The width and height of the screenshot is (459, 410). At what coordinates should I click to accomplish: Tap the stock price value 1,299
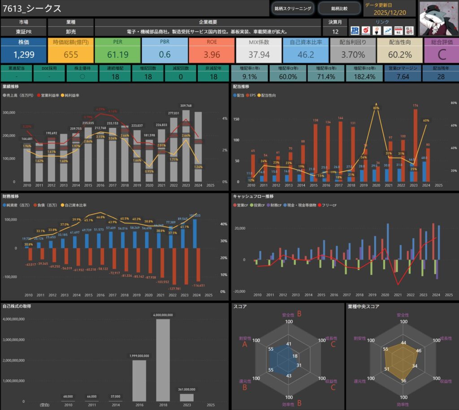coord(23,55)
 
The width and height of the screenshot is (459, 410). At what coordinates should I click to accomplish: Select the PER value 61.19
coord(117,55)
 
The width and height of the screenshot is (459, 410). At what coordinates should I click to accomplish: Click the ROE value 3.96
coord(212,55)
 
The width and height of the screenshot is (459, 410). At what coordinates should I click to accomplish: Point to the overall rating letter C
coord(441,55)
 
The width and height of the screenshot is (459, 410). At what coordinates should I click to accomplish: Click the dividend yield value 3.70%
coord(353,55)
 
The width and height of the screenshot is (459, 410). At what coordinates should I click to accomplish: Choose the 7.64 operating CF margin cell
coord(403,77)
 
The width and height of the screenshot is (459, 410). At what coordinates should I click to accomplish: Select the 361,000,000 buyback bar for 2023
coord(186,397)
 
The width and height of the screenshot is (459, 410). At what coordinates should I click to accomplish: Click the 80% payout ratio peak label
coord(376,108)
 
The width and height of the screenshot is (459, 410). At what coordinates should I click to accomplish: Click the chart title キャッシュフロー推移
coord(253,196)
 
